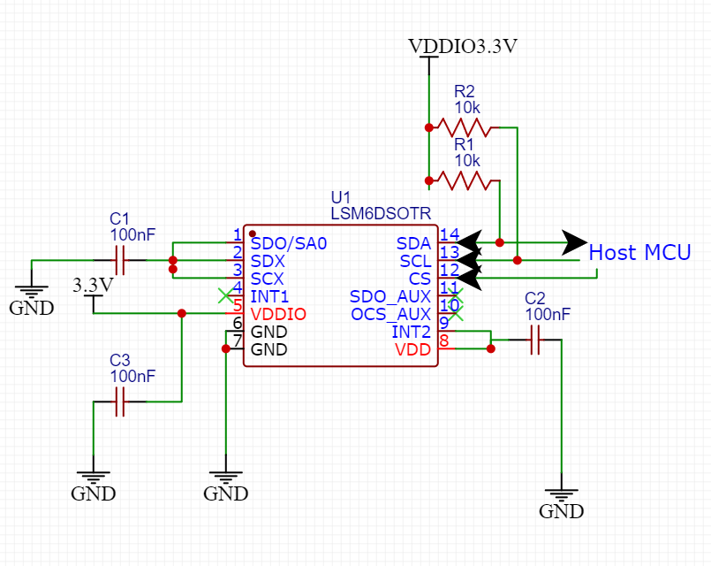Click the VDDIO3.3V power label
click(x=462, y=47)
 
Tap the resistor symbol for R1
click(x=463, y=181)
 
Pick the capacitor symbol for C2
click(x=535, y=340)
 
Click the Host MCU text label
click(x=639, y=252)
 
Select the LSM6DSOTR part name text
click(x=381, y=214)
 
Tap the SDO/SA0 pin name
click(x=289, y=243)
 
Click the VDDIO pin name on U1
click(x=278, y=314)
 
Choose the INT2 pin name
click(x=411, y=332)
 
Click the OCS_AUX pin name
click(x=390, y=314)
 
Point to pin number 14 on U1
click(x=449, y=235)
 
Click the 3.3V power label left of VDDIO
click(x=93, y=286)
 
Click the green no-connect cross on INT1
click(x=227, y=296)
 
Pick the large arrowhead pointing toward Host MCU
click(x=576, y=241)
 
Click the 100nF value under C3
click(x=132, y=376)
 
